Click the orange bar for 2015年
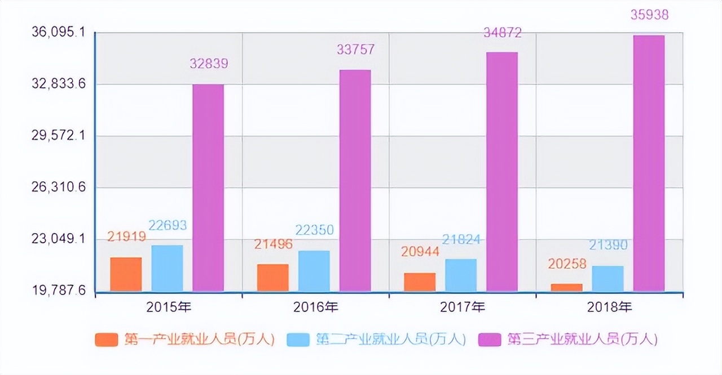click(126, 274)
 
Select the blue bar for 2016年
click(314, 271)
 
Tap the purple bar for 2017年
click(502, 172)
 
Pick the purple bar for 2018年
click(649, 163)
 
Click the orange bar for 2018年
click(566, 287)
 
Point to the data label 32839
click(209, 64)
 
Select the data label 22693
click(168, 225)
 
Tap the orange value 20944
click(419, 252)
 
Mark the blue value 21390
click(608, 245)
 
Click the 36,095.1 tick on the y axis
click(58, 33)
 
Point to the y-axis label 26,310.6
click(58, 187)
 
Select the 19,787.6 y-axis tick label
click(58, 291)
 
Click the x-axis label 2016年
click(315, 307)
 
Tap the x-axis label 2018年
click(609, 307)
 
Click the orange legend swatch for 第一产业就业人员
click(107, 340)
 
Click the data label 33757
click(355, 50)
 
